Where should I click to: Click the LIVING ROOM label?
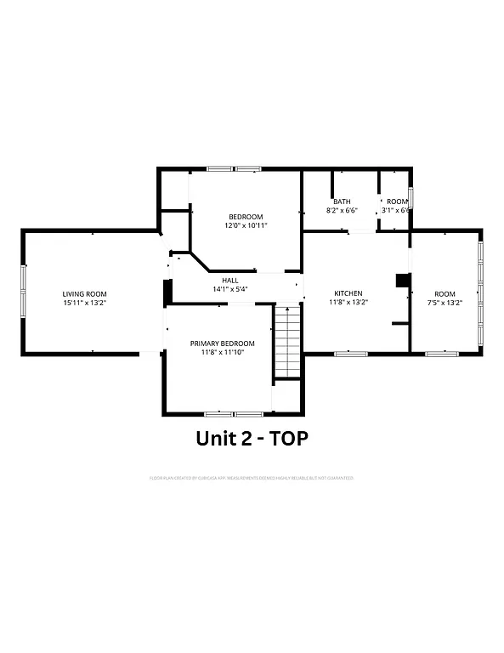click(x=84, y=293)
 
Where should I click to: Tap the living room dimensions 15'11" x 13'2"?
click(x=84, y=303)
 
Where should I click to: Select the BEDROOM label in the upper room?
click(x=246, y=217)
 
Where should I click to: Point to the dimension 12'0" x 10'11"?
click(x=246, y=226)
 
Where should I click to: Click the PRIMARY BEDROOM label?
click(x=223, y=343)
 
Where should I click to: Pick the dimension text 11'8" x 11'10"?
click(x=223, y=352)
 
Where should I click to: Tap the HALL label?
click(x=230, y=280)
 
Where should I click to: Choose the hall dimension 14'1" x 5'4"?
click(x=230, y=289)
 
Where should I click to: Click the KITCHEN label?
click(x=347, y=293)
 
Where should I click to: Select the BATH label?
click(x=342, y=202)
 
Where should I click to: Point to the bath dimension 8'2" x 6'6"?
click(x=342, y=210)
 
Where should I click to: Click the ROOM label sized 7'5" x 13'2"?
click(x=445, y=293)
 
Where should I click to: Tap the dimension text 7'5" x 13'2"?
click(x=445, y=303)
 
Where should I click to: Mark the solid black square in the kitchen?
click(x=403, y=281)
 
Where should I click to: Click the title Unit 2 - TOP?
click(x=252, y=439)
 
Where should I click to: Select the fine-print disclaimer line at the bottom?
click(x=252, y=478)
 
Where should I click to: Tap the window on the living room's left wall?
click(x=24, y=292)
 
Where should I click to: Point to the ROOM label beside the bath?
click(x=397, y=202)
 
